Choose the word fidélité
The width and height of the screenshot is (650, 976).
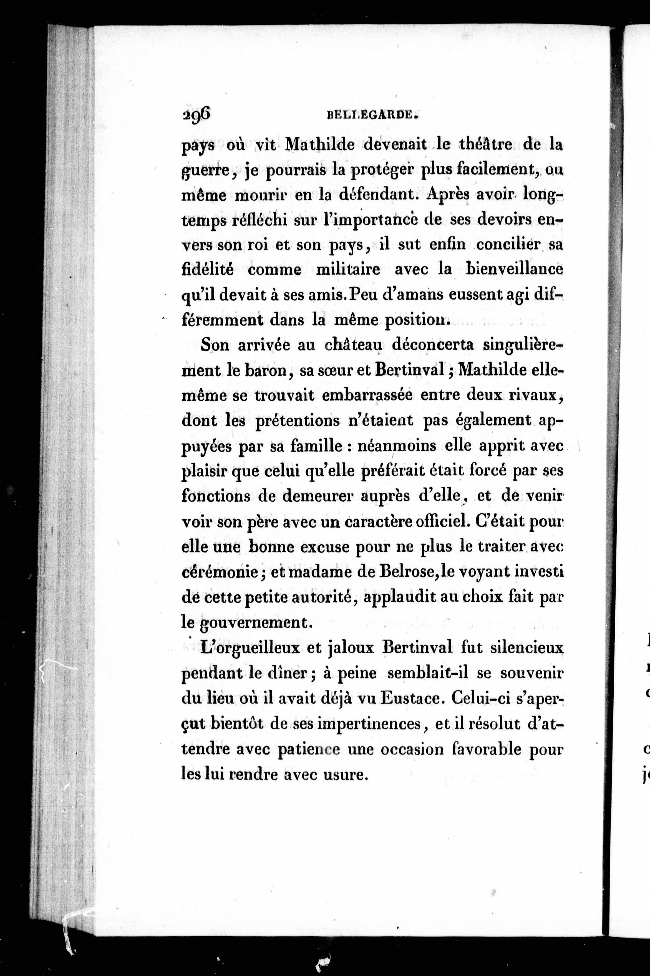[x=208, y=269]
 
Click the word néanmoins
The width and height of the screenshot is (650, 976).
[x=396, y=446]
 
